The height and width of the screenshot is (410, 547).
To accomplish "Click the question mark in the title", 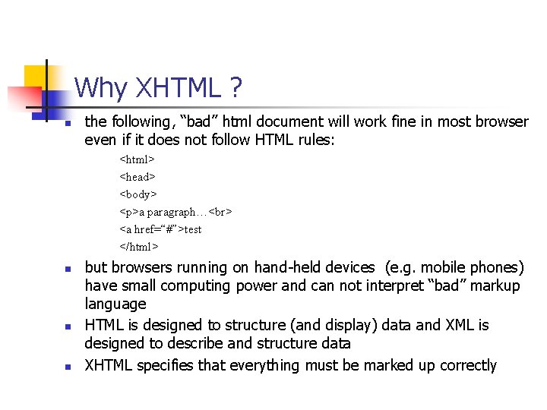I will (236, 88).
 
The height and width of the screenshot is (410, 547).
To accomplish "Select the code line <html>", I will (137, 159).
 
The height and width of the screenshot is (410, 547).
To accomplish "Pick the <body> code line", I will (138, 194).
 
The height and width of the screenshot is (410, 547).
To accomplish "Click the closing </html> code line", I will (138, 246).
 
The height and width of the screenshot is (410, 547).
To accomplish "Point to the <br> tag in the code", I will (220, 212).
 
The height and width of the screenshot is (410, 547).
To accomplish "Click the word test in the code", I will (192, 229).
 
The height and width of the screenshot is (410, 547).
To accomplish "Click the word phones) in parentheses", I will (495, 267).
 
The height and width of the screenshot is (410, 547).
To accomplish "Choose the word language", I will (115, 304).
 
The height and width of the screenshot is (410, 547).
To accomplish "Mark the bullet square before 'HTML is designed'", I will (68, 326).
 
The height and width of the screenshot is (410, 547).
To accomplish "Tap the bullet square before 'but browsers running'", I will (68, 269).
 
